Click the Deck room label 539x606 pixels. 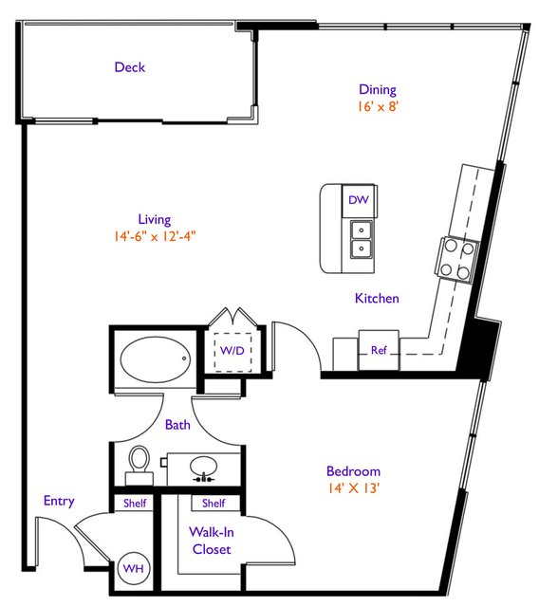(130, 67)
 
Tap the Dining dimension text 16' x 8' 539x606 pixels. (378, 106)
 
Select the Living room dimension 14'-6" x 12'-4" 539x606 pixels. (155, 236)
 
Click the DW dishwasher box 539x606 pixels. (359, 200)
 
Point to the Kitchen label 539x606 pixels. (377, 299)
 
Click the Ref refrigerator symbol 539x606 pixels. (379, 350)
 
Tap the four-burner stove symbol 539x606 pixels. (457, 259)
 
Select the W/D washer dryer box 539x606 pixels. (232, 352)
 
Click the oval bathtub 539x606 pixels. (156, 359)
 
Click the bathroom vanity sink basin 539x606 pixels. (203, 467)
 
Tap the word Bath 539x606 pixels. (177, 425)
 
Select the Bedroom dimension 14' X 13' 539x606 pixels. (353, 488)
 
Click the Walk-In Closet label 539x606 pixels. (212, 541)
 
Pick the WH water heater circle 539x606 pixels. (134, 568)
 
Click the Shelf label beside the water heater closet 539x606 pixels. (135, 504)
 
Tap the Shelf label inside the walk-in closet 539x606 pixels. (214, 504)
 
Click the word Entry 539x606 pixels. (59, 502)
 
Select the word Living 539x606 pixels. (155, 220)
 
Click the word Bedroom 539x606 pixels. (353, 471)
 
